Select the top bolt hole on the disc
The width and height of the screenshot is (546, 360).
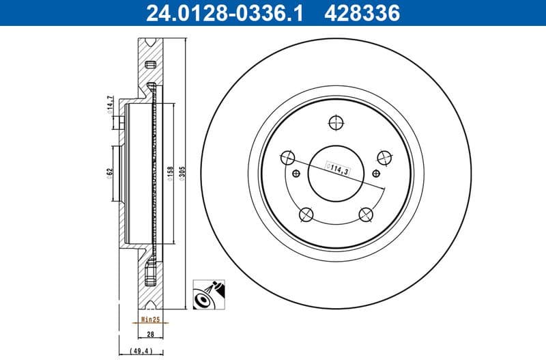[x=335, y=123]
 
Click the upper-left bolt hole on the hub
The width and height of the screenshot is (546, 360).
[x=288, y=158]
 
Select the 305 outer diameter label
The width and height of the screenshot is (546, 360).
[x=183, y=171]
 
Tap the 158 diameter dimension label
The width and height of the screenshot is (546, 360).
[x=169, y=171]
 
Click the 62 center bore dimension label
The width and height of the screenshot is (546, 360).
[x=109, y=171]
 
